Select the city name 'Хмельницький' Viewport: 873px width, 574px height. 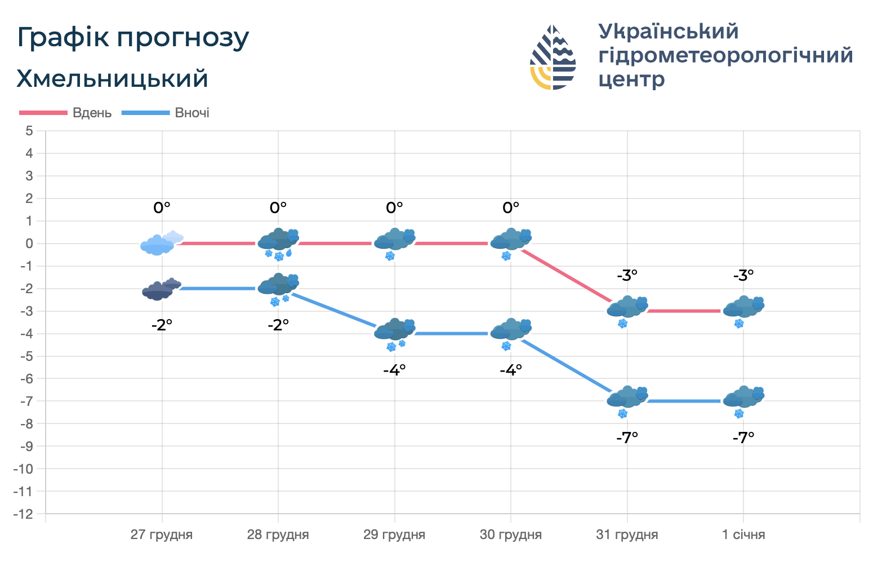(x=112, y=79)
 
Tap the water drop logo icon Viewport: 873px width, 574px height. (x=553, y=57)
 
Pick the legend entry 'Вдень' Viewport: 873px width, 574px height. (x=92, y=113)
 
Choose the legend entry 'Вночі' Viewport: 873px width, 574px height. (x=192, y=113)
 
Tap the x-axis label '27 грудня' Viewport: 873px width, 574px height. (x=162, y=535)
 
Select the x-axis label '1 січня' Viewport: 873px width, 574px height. (x=743, y=535)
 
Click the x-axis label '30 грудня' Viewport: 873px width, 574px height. (x=511, y=535)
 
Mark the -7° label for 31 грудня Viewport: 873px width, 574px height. (x=627, y=437)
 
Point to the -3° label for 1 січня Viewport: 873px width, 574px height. (x=743, y=276)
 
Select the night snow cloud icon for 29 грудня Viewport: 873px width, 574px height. (x=395, y=333)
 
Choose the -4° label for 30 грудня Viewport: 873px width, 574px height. (x=511, y=370)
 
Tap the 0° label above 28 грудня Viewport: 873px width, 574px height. (x=278, y=208)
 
